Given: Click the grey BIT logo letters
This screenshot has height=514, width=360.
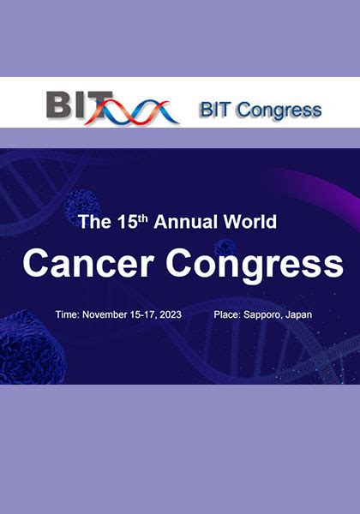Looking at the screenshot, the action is click(79, 105).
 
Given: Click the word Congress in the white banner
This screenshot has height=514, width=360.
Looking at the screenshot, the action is click(279, 111).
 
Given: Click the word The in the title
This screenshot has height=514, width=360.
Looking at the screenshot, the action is click(95, 222).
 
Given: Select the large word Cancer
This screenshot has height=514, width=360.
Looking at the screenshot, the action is click(88, 264).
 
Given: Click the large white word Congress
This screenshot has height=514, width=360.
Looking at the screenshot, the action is click(255, 266).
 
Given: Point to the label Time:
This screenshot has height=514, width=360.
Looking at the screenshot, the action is click(67, 314).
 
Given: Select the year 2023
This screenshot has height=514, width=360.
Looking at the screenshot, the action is click(171, 314).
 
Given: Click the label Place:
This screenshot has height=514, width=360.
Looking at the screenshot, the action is click(227, 314).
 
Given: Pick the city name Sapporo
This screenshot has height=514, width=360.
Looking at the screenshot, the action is click(263, 315).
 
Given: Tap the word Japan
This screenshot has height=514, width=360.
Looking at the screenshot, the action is click(298, 315).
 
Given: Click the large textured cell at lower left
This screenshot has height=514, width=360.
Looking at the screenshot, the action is click(31, 347).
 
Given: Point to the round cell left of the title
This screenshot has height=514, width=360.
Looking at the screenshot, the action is click(82, 206).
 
